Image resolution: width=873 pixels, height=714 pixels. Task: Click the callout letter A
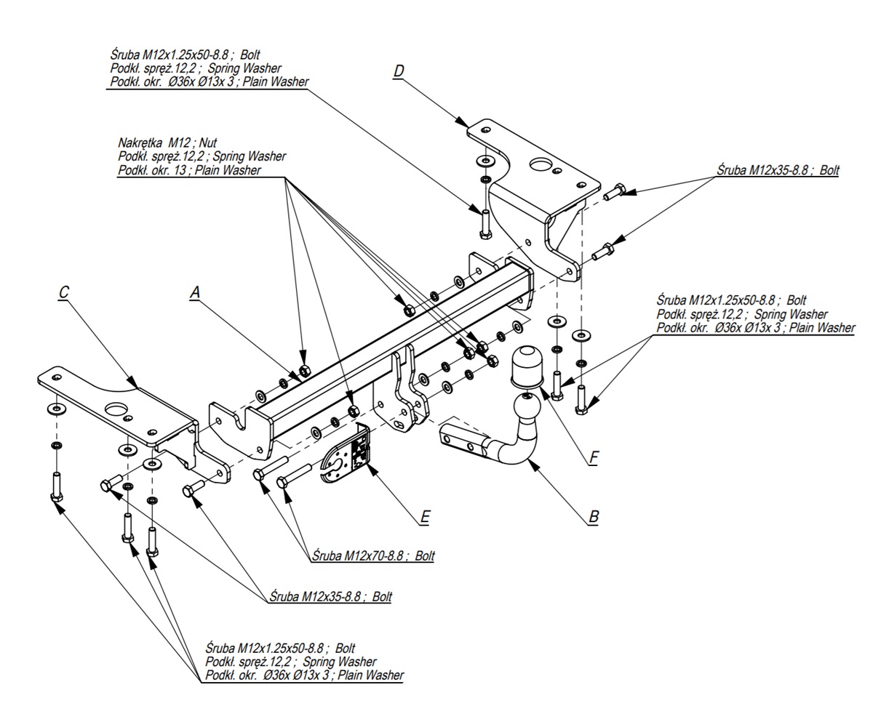[x=195, y=292]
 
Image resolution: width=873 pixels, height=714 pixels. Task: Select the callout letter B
[x=593, y=516]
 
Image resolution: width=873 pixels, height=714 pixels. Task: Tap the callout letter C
[x=63, y=292]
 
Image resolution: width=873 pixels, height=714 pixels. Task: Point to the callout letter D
[x=398, y=71]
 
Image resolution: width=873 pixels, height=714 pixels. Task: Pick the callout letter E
[x=425, y=517]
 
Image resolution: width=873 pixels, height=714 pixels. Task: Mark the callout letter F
[x=594, y=457]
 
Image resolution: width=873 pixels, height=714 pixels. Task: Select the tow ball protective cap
[x=526, y=368]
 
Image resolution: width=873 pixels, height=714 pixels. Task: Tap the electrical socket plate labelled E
[x=346, y=454]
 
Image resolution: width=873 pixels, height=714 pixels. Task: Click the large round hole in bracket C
[x=116, y=409]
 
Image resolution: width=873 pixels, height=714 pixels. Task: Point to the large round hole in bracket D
[x=541, y=165]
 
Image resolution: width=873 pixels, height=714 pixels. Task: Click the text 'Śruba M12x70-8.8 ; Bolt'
[x=373, y=555]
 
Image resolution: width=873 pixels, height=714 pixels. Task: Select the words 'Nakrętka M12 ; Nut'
[x=167, y=143]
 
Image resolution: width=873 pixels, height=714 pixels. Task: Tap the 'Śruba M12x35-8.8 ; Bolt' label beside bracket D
[x=778, y=170]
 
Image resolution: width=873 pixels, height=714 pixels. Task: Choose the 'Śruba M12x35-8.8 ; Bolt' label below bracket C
[x=330, y=596]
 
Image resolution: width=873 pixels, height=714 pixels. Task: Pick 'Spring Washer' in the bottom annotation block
[x=340, y=662]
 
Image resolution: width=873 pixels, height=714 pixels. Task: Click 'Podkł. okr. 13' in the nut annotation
[x=152, y=170]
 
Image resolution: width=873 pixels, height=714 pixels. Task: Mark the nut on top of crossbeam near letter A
[x=304, y=371]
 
